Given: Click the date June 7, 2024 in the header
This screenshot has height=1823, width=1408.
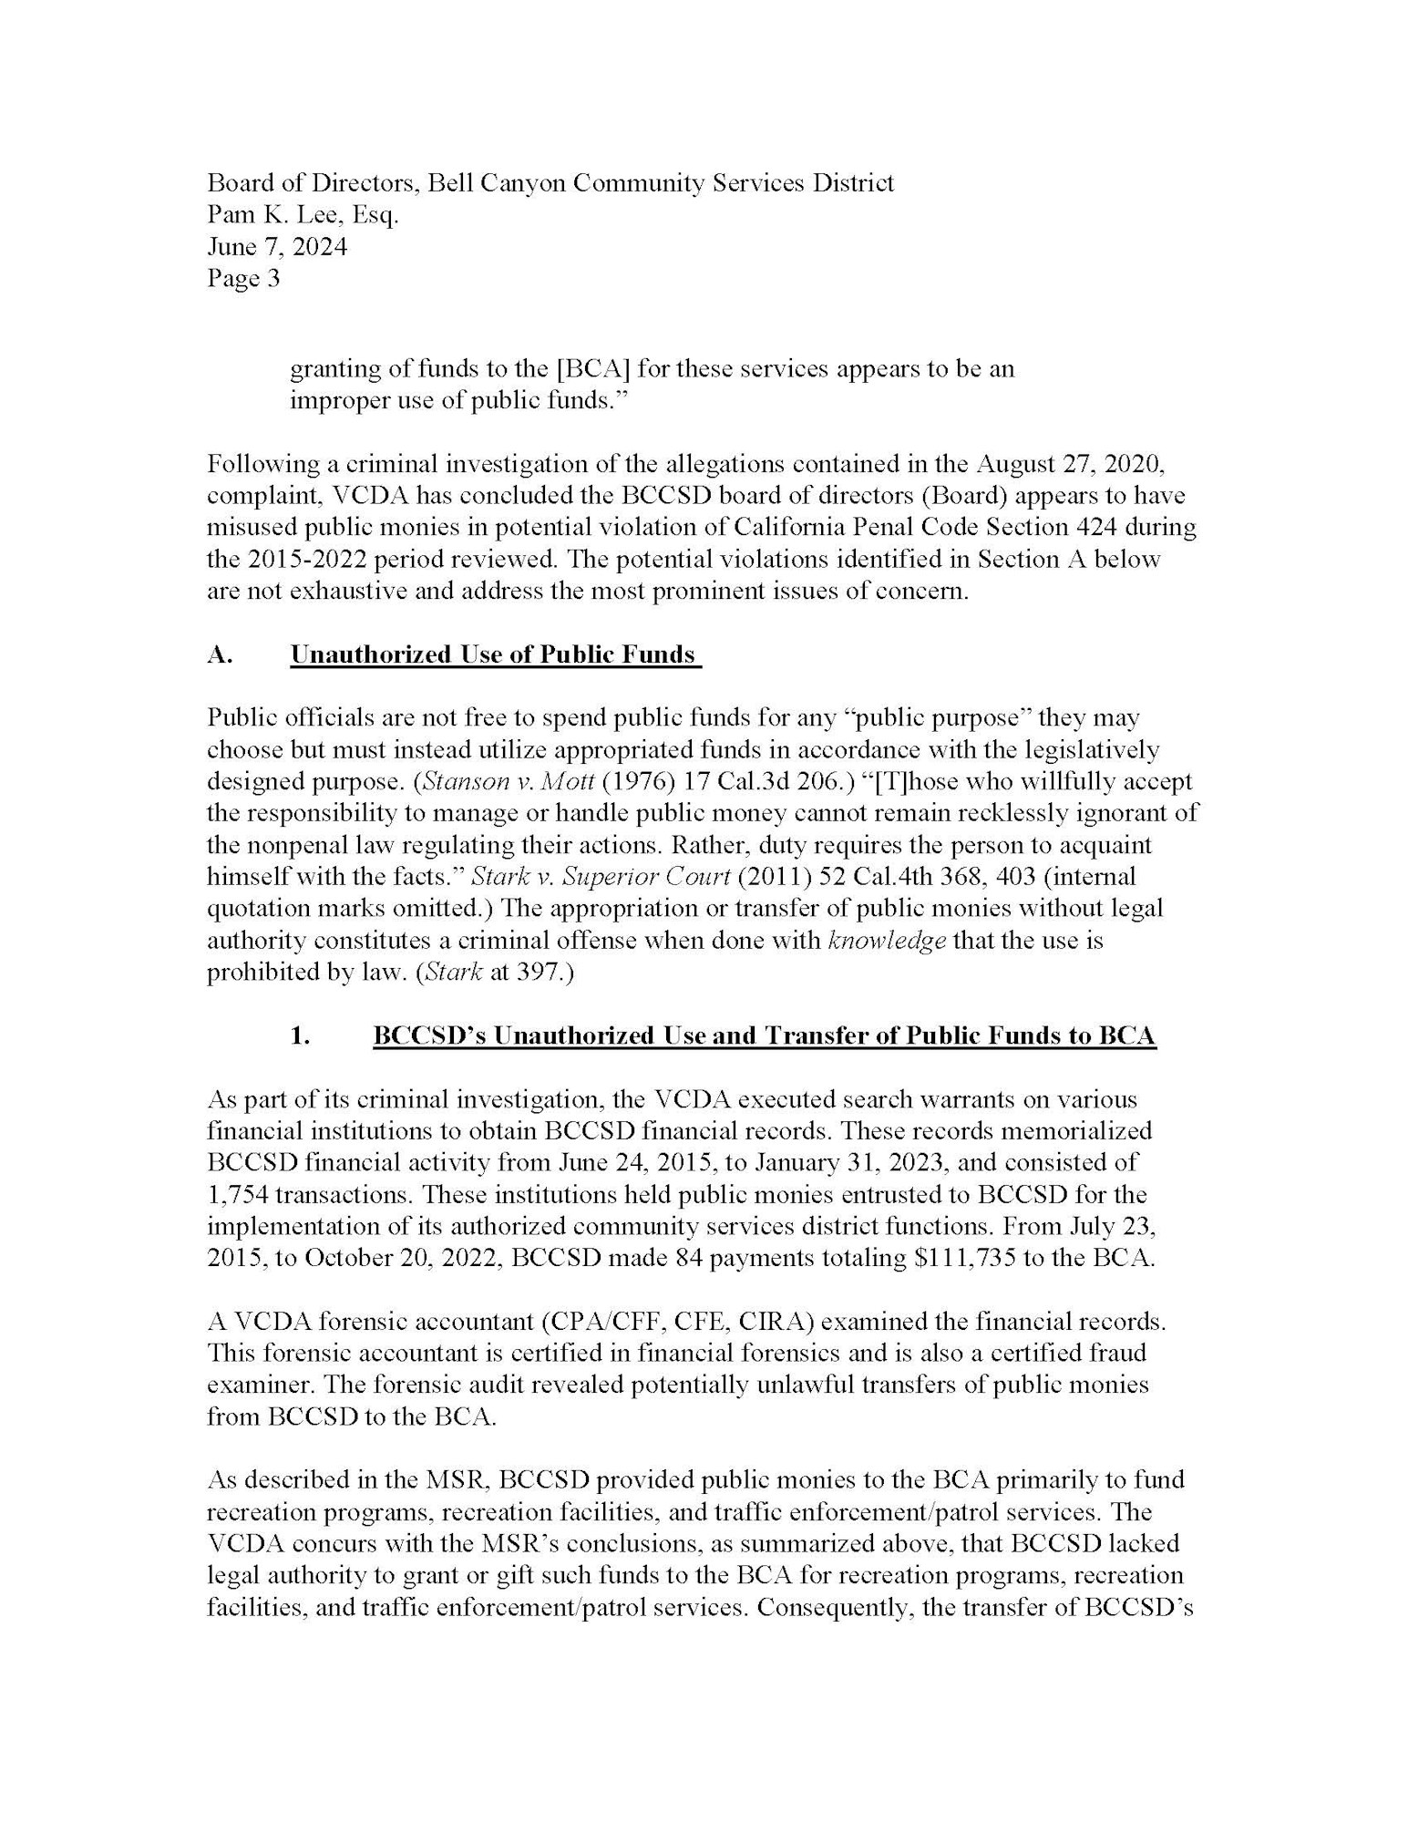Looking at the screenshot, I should [277, 247].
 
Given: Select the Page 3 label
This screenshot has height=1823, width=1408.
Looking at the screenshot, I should [243, 279].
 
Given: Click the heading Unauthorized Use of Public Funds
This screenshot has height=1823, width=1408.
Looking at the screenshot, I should [493, 654].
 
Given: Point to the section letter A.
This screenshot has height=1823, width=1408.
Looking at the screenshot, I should [220, 654].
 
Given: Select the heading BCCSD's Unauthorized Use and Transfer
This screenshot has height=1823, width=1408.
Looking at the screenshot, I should [764, 1035].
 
